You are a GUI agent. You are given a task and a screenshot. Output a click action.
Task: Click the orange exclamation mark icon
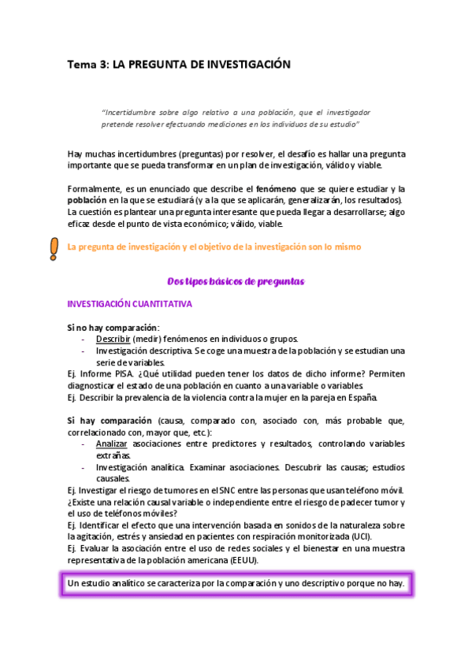coord(54,249)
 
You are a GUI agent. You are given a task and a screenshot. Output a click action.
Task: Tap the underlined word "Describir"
coord(113,340)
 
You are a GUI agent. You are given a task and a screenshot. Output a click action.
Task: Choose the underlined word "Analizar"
coord(112,444)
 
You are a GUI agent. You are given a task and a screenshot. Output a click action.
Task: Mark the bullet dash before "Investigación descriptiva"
coord(84,351)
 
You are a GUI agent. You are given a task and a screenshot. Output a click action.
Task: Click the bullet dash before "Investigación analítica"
coord(84,467)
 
